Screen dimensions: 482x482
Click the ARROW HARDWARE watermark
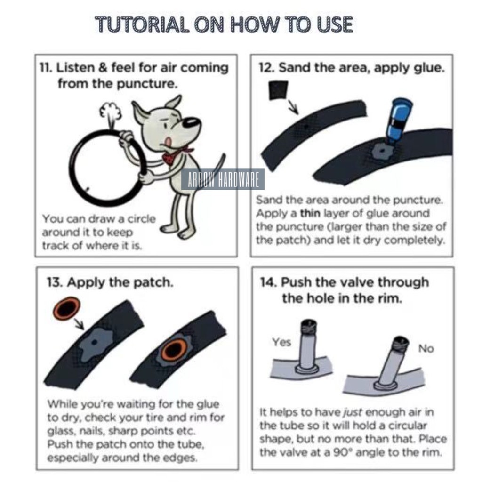[223, 179]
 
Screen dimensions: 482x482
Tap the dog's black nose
[192, 122]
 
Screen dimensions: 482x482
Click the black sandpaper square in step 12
[279, 90]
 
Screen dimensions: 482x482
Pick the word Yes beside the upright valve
[281, 342]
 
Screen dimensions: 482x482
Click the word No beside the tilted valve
[426, 349]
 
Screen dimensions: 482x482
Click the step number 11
[46, 68]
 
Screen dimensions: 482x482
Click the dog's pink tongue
[168, 142]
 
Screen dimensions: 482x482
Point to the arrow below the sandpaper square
[293, 106]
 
